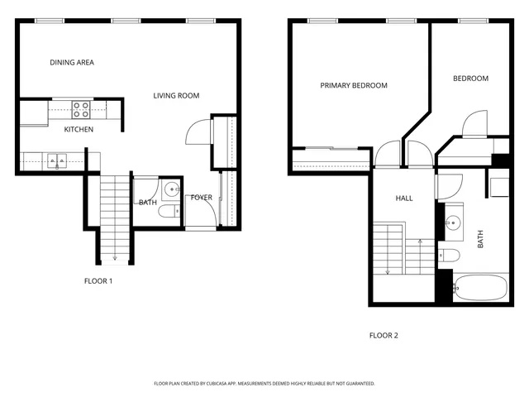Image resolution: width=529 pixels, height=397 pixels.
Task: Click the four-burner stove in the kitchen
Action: (80, 109)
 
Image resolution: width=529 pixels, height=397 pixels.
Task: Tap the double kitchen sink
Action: (56, 160)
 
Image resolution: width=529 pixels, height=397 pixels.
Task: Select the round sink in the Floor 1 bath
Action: (171, 189)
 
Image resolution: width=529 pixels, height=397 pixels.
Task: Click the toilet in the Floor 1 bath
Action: (169, 213)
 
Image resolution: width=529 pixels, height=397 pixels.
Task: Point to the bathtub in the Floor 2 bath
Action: (480, 289)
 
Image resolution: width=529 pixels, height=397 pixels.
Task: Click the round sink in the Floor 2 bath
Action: (451, 222)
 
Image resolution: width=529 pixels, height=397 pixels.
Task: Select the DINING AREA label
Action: (71, 62)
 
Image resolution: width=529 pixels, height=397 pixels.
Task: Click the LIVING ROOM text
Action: (176, 96)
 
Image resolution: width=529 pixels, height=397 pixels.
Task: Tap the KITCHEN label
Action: (79, 130)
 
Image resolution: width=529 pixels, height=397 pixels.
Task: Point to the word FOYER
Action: (202, 198)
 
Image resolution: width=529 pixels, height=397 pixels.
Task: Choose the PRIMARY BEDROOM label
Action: (354, 85)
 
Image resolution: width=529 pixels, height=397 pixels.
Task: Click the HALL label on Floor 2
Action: (403, 198)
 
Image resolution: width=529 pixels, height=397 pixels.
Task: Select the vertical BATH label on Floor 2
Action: (480, 241)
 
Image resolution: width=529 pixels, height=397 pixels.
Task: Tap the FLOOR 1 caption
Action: (98, 281)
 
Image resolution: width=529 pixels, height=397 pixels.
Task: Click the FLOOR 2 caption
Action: (384, 335)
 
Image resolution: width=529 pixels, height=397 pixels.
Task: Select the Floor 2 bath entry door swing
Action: (444, 186)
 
